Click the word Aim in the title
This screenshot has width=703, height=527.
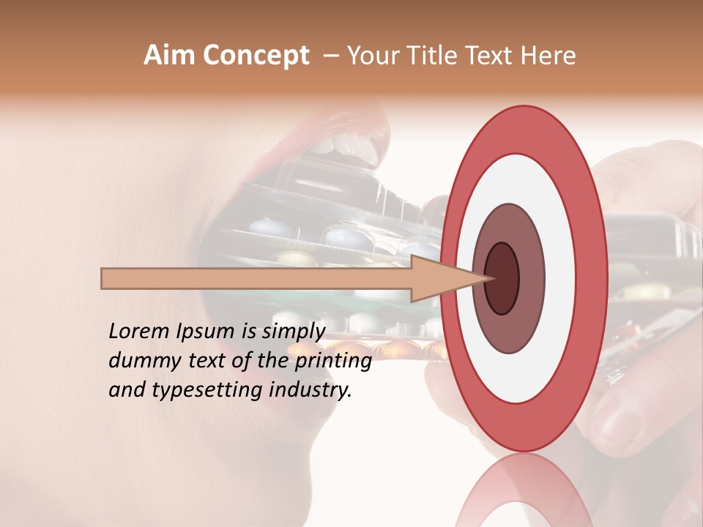click(169, 56)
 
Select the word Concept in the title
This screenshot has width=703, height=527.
click(254, 56)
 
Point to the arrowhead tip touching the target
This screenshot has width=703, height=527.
click(488, 278)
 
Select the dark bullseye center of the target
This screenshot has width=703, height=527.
click(502, 278)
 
